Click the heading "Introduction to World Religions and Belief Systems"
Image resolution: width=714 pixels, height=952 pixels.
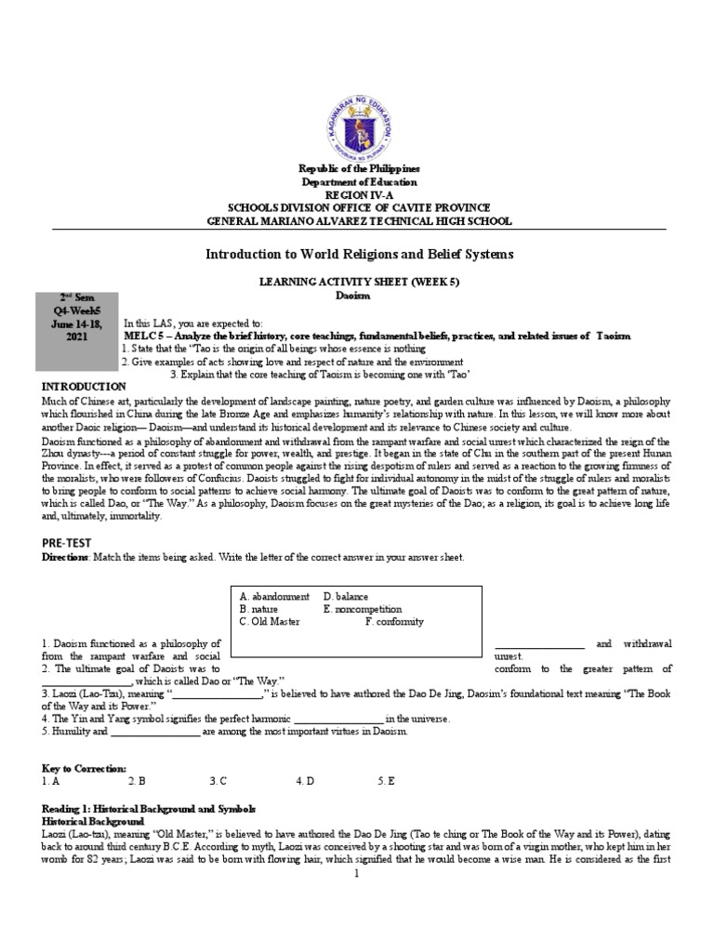358,254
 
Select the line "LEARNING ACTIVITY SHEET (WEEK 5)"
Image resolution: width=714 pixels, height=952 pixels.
358,280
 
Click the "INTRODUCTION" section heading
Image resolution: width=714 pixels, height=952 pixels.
84,386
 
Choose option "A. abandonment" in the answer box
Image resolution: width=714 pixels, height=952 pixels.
274,596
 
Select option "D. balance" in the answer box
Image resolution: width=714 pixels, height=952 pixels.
346,596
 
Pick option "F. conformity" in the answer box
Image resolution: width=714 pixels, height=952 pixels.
395,622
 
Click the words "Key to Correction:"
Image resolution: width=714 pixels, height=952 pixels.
84,769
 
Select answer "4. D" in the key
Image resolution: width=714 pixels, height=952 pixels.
306,782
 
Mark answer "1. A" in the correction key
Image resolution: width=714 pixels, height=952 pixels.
51,782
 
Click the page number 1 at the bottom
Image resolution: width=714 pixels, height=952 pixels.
357,875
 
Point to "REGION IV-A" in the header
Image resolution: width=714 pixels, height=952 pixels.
358,194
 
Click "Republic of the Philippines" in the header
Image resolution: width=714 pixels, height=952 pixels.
358,168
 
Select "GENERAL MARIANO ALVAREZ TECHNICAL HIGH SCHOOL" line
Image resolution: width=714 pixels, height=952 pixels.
358,220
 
